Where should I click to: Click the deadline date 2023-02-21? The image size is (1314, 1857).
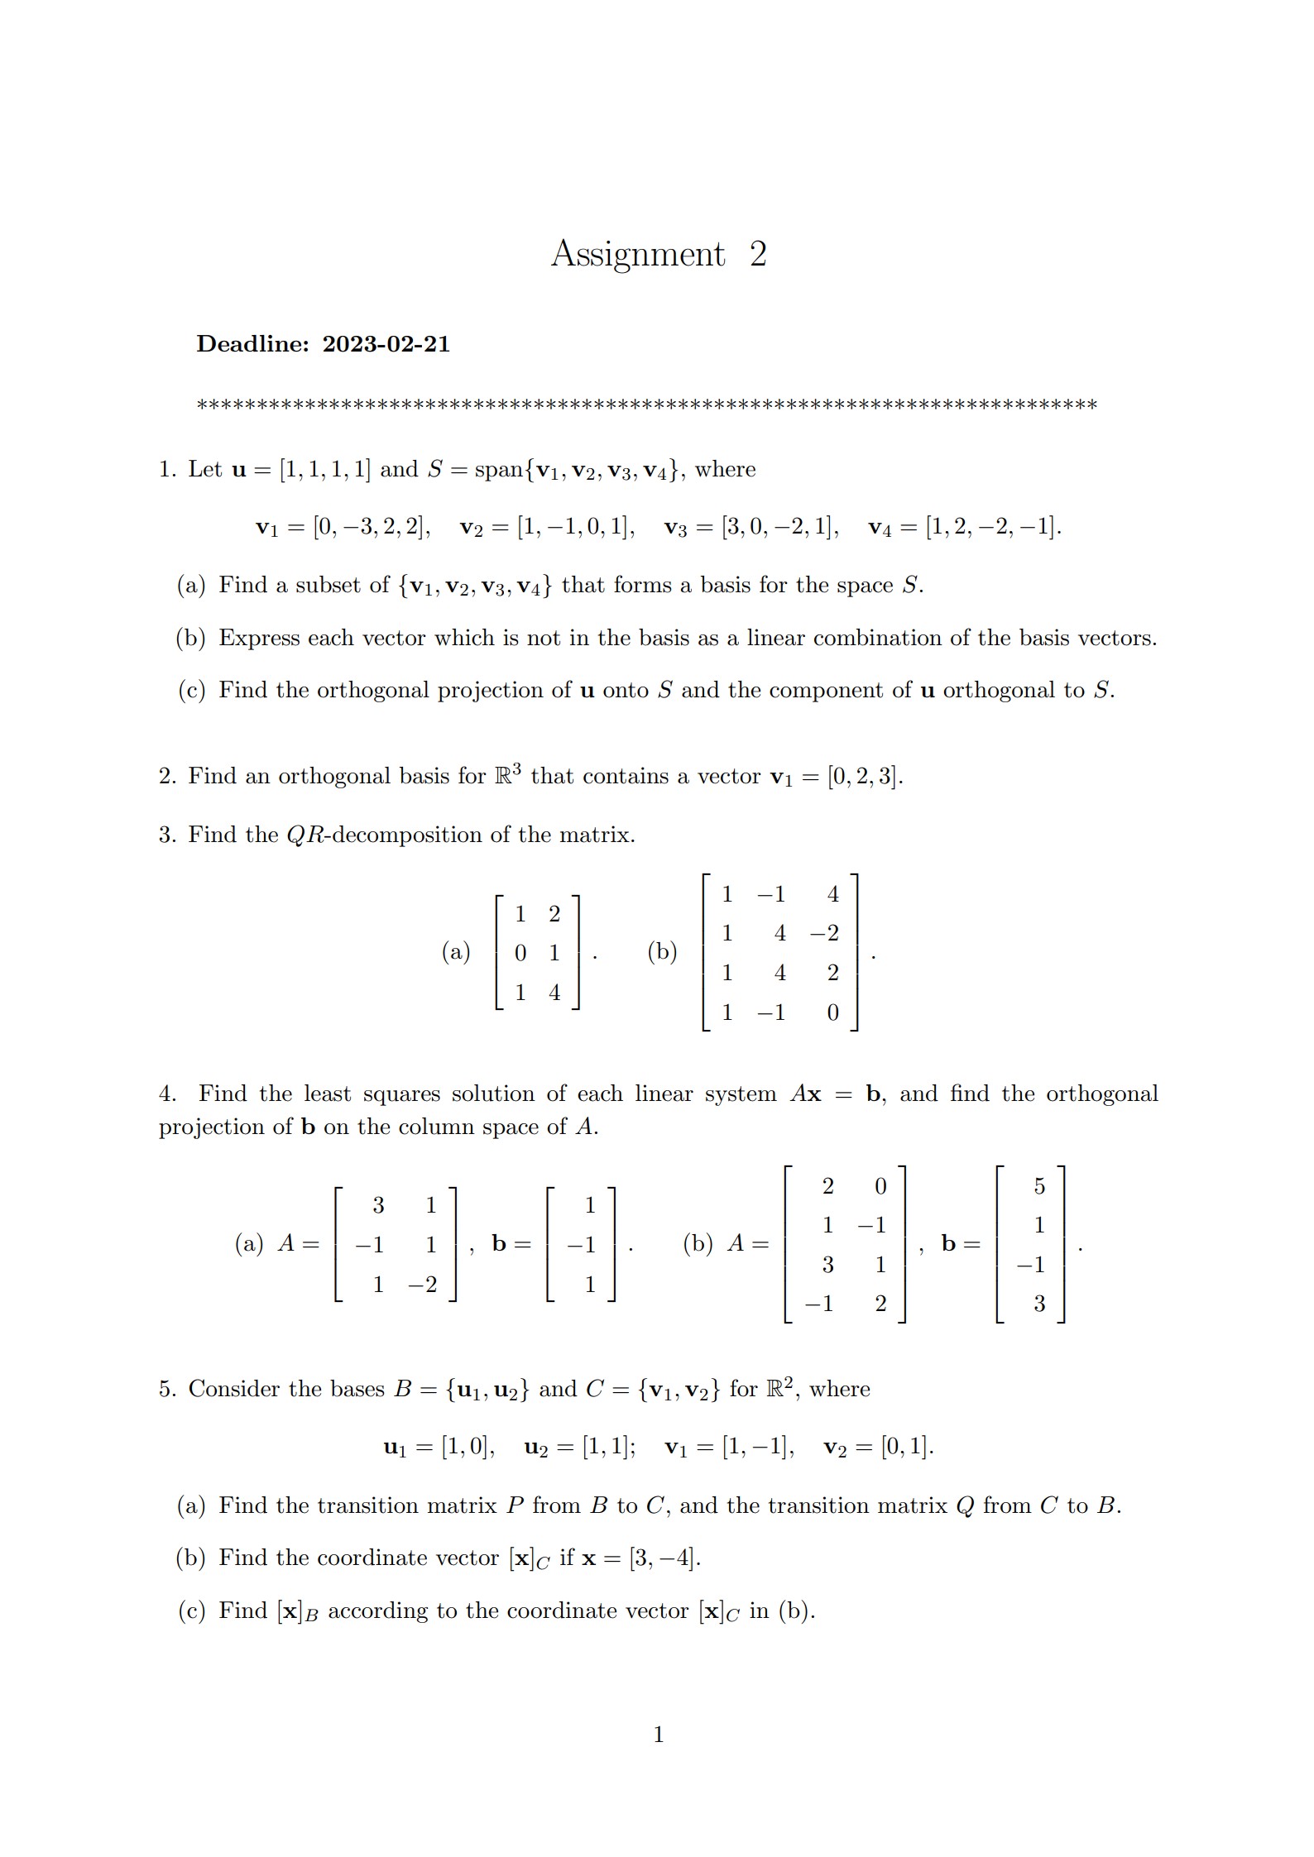[386, 344]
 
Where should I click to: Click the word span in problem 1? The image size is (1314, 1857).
[499, 470]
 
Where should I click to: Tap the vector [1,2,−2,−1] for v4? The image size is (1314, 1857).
[992, 527]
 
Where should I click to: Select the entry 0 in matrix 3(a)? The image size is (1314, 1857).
[520, 954]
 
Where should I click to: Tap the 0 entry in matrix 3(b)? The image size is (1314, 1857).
[832, 1013]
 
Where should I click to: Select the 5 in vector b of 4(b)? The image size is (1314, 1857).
[1039, 1187]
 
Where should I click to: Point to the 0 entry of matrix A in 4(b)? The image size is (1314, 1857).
[880, 1187]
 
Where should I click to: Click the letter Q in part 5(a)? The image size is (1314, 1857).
[964, 1506]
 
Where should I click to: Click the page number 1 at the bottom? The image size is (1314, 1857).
[659, 1735]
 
